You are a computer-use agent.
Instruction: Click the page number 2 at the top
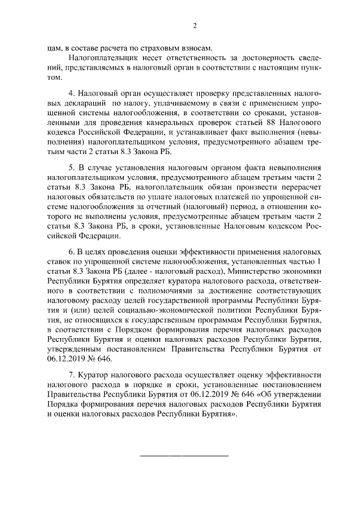(195, 25)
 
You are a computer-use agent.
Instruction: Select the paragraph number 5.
(71, 169)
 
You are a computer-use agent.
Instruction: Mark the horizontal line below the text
(184, 455)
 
